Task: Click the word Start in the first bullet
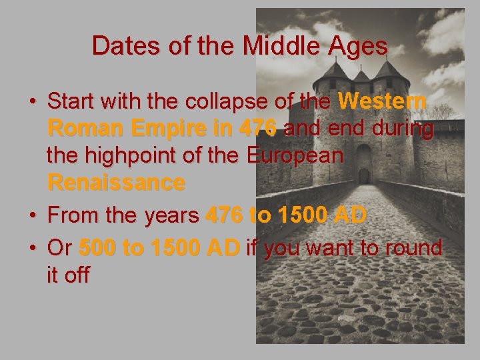click(75, 102)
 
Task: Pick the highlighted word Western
click(382, 102)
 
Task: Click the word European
click(295, 155)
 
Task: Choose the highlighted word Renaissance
click(116, 182)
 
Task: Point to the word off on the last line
click(79, 275)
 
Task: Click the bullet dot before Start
click(32, 103)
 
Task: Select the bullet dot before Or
click(32, 249)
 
